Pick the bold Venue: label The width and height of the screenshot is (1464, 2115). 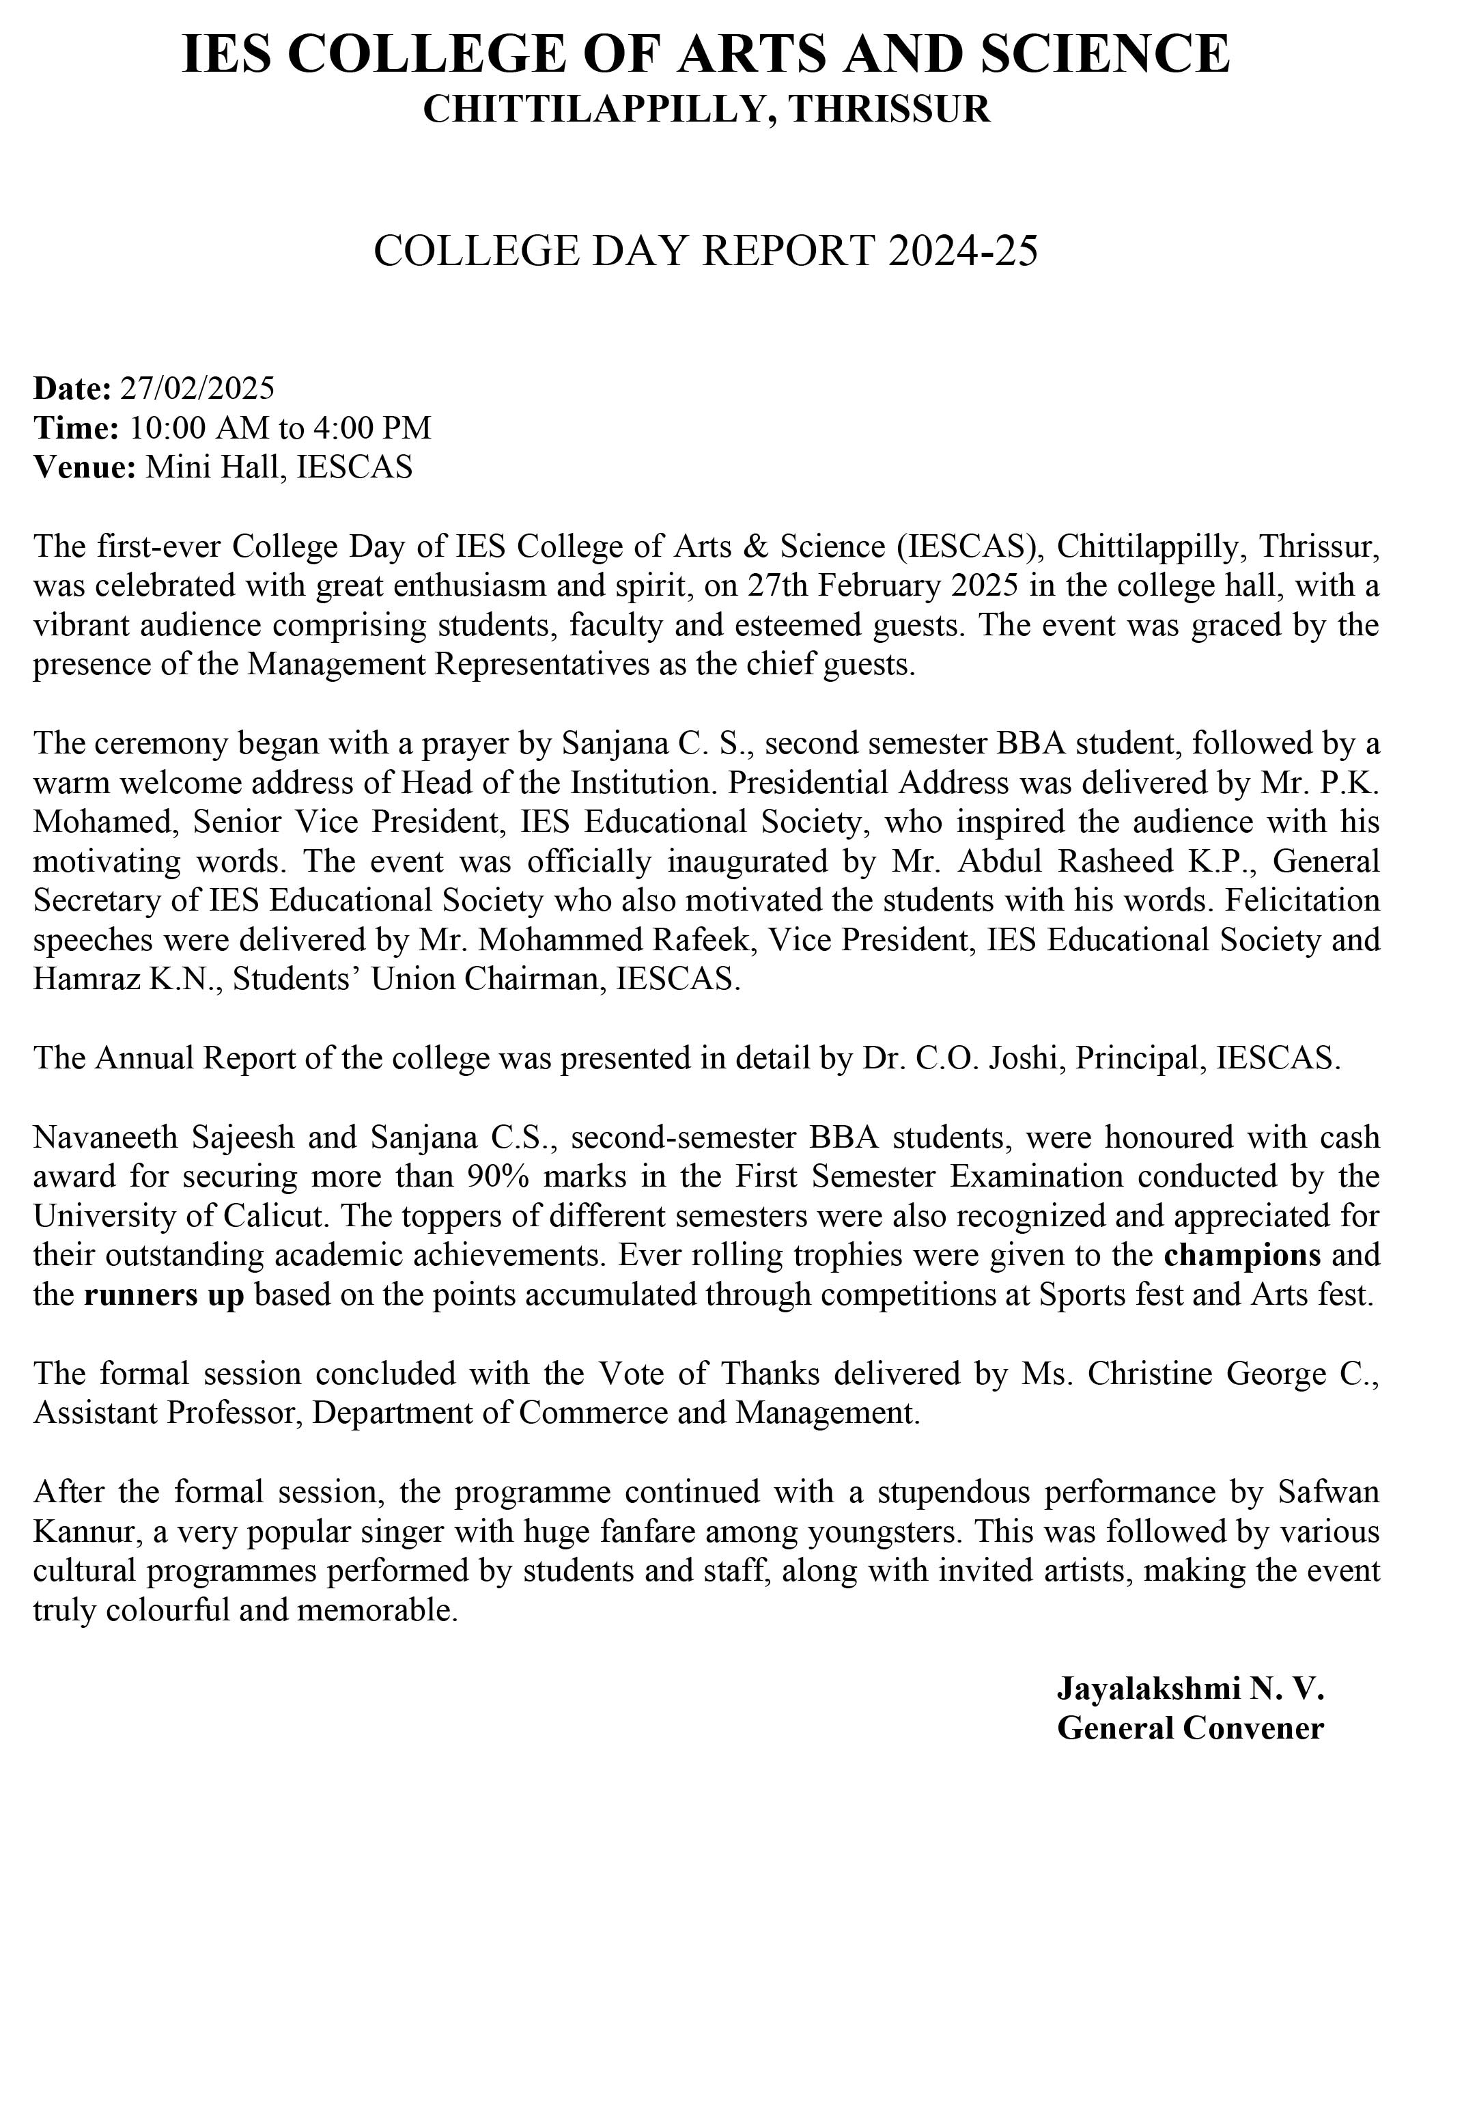coord(85,467)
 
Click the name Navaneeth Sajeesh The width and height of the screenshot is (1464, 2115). coord(164,1137)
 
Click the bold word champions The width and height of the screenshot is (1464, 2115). coord(1242,1255)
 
